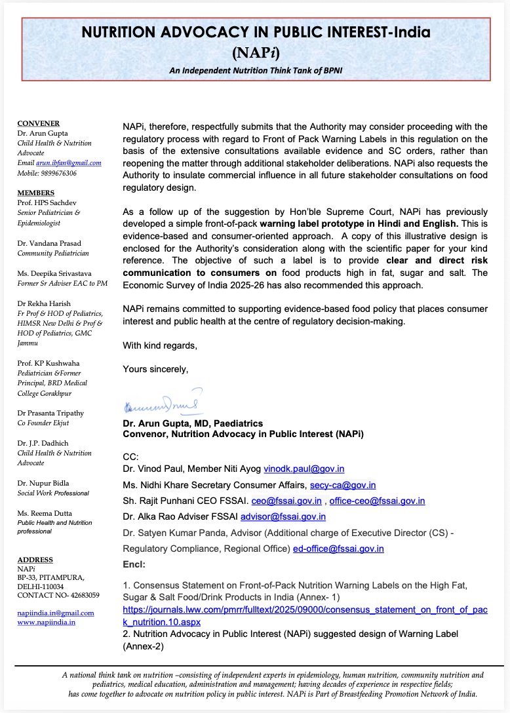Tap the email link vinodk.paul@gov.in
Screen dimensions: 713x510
tap(304, 469)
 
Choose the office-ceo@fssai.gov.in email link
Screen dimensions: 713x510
tap(377, 501)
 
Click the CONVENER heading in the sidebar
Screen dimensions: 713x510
tap(38, 124)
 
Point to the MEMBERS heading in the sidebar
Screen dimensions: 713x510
tap(37, 194)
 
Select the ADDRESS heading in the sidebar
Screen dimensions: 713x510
tap(36, 560)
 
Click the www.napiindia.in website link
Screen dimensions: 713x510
tap(46, 622)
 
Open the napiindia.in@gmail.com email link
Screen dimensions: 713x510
tap(55, 613)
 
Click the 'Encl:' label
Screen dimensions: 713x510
tap(134, 564)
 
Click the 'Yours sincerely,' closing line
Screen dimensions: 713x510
tap(155, 370)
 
